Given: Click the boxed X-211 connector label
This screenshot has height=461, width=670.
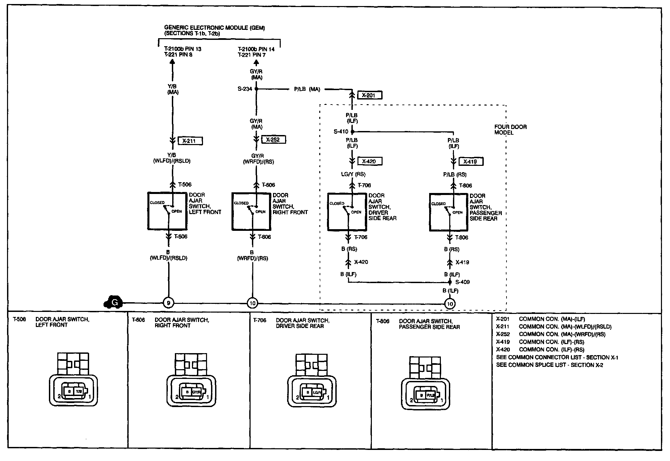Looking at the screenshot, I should click(x=190, y=141).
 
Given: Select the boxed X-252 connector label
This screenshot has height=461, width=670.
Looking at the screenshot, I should click(x=274, y=140).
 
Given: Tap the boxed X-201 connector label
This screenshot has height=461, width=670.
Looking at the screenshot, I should click(x=370, y=95).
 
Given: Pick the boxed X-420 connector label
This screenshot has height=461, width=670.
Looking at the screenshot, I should click(x=370, y=161).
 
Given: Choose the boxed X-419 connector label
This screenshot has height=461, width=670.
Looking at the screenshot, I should click(x=471, y=162).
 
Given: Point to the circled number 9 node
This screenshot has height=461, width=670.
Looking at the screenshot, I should click(x=169, y=303).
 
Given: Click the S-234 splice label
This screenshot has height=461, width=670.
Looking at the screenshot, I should click(x=245, y=89).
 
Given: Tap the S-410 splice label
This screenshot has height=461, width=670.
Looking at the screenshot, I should click(x=341, y=132).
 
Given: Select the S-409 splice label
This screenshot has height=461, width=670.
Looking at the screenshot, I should click(x=462, y=282).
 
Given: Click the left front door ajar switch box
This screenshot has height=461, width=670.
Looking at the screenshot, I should click(x=167, y=211).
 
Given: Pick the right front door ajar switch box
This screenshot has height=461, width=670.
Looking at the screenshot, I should click(x=251, y=211).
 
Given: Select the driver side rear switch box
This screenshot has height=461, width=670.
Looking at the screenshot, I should click(x=347, y=211).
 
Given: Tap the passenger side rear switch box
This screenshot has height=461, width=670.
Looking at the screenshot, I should click(x=449, y=212).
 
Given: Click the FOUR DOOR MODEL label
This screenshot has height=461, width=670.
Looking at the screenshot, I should click(x=510, y=130).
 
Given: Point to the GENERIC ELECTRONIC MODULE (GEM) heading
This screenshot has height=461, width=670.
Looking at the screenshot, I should click(x=214, y=28).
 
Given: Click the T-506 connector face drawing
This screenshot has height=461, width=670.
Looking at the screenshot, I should click(x=73, y=380).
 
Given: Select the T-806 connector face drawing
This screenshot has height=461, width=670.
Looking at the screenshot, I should click(x=425, y=383).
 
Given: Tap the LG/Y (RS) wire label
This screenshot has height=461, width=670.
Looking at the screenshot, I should click(x=353, y=174).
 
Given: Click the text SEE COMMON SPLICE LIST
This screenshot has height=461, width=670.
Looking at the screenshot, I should click(x=549, y=365).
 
